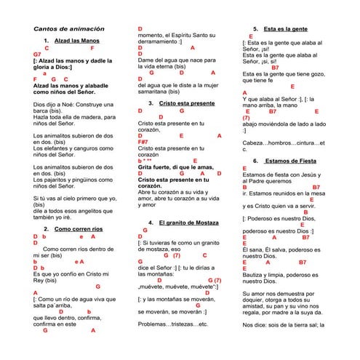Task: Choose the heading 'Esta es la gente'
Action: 285,28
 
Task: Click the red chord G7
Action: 37,54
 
